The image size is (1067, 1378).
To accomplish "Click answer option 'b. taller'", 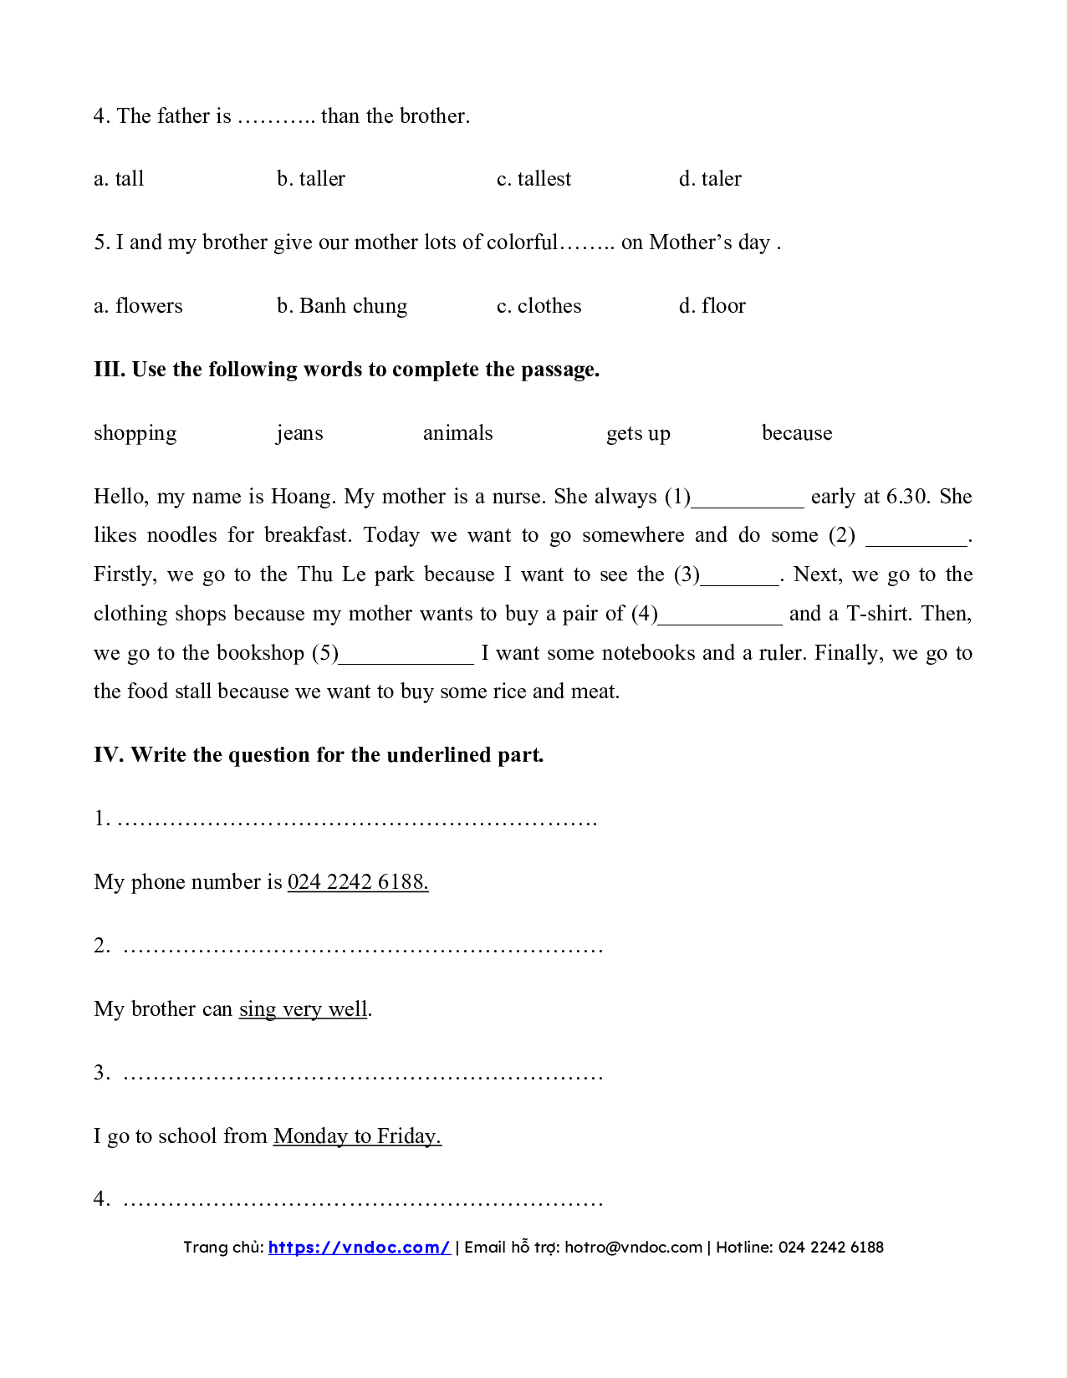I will pos(311,179).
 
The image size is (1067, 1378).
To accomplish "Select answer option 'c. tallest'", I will pos(533,179).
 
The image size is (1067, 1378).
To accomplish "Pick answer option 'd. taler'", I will pos(710,179).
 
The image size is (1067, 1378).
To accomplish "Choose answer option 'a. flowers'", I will pos(138,306).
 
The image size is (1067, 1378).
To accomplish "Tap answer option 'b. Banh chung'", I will pos(342,306).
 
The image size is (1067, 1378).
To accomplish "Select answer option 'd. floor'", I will pos(712,306).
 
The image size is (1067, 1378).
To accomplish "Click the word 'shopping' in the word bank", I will pos(135,433).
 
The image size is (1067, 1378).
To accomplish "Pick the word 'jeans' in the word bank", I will pos(299,433).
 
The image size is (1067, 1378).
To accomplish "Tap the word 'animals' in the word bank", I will pos(457,433).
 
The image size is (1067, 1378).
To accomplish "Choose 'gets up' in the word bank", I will pos(638,433).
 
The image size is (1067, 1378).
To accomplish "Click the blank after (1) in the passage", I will pos(748,500).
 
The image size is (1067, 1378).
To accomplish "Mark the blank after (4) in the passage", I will pos(720,617).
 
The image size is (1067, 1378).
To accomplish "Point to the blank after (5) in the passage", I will pos(406,656).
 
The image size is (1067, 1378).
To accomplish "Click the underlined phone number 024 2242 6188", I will pos(358,882).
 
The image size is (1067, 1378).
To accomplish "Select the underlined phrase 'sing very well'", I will pos(303,1009).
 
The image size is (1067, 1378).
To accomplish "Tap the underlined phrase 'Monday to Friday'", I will pos(357,1136).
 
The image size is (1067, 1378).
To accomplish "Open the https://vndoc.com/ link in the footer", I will pos(359,1248).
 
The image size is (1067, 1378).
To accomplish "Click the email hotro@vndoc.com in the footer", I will pos(633,1248).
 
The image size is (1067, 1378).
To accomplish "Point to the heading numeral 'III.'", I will pos(110,370).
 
